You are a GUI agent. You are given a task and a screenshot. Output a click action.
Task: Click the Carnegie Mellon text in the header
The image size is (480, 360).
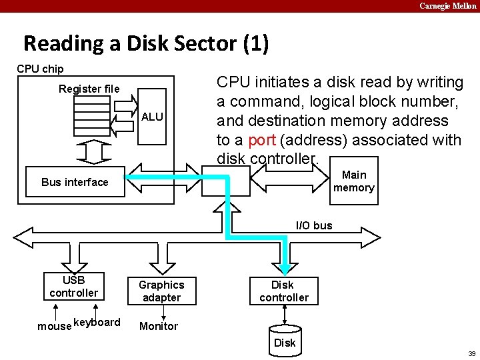coord(447,6)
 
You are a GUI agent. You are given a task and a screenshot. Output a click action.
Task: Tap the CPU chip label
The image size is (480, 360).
coord(40,69)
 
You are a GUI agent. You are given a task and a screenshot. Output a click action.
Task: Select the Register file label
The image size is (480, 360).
coord(89,89)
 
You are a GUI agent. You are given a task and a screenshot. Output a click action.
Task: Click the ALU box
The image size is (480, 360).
coord(153,116)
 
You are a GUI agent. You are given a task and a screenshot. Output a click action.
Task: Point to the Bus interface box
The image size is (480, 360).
coord(75,182)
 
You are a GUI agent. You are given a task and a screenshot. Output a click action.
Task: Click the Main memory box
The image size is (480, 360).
coord(353,181)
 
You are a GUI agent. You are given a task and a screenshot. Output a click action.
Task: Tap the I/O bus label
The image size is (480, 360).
coord(313,225)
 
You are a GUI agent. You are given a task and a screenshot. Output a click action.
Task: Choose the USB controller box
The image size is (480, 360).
coord(73,286)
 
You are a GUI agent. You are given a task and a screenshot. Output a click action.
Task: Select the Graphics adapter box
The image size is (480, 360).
coord(161,291)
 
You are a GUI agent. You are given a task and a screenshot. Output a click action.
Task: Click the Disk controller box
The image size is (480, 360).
coord(283,291)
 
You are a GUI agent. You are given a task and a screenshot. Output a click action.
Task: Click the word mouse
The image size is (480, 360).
coord(54,326)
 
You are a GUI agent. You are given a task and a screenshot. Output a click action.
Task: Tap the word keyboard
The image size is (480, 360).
coord(97,323)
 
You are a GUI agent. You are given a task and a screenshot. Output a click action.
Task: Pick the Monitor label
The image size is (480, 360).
coord(158,326)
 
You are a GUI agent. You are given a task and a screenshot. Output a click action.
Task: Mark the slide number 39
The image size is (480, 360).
coord(471,353)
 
